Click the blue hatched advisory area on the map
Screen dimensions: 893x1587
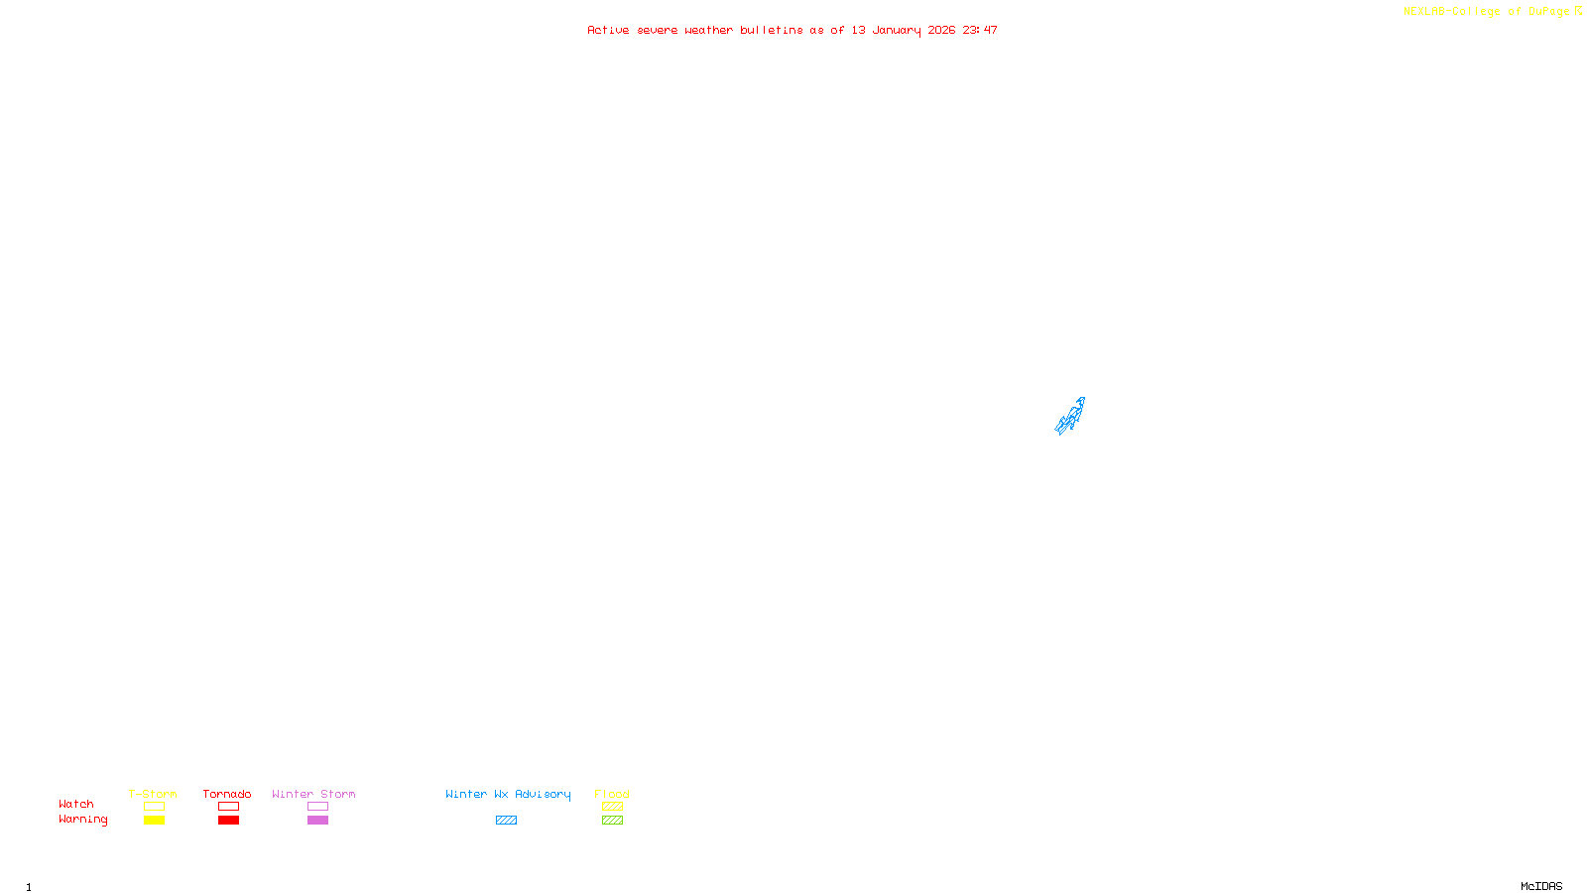(x=1070, y=417)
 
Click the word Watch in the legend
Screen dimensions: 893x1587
(x=76, y=804)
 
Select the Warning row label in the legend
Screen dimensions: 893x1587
(x=82, y=820)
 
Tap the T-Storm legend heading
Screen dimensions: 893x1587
(x=153, y=794)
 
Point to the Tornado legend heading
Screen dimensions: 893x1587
(x=227, y=794)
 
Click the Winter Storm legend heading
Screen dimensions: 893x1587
(x=313, y=794)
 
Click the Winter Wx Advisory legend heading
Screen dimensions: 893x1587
(x=508, y=794)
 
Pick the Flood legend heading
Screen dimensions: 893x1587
(x=612, y=794)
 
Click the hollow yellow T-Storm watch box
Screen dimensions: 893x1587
(x=154, y=807)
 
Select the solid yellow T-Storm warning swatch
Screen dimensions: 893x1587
(x=154, y=821)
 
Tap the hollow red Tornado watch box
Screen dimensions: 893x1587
(x=228, y=807)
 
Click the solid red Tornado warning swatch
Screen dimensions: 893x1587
(x=228, y=821)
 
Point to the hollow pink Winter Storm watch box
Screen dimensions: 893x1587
(x=317, y=807)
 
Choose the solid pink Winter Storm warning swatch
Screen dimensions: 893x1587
(x=317, y=821)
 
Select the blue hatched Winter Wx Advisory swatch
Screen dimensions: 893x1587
(x=506, y=821)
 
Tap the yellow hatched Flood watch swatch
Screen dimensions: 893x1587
(x=612, y=807)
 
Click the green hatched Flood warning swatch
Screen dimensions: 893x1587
(x=612, y=821)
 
